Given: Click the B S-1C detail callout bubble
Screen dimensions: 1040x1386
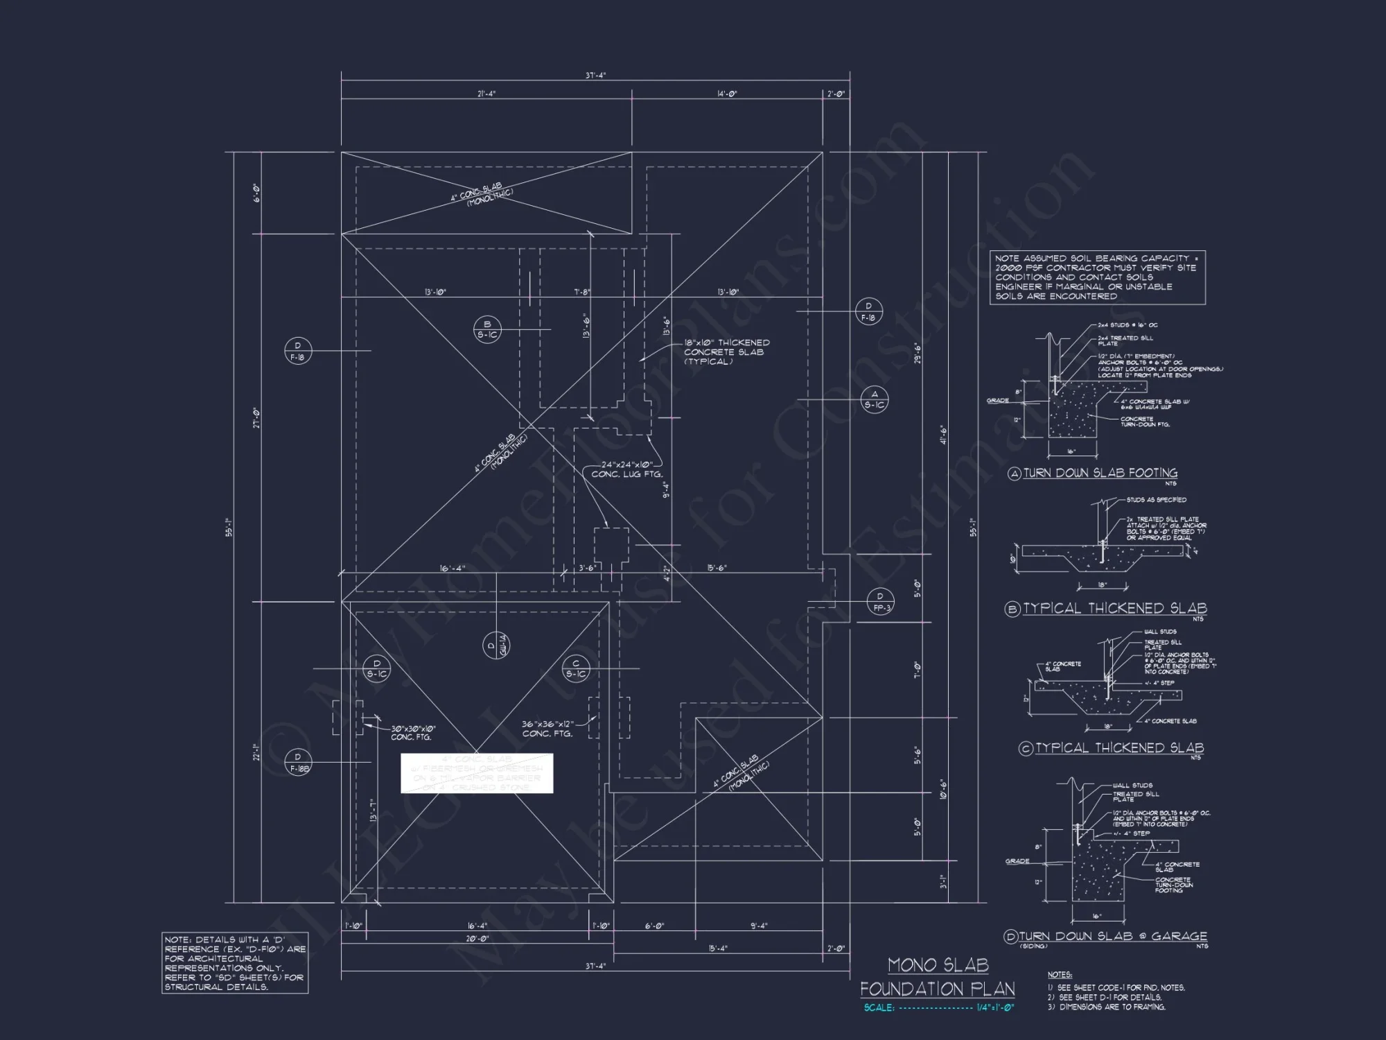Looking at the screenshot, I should [487, 329].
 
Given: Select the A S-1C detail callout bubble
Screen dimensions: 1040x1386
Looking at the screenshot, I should [875, 399].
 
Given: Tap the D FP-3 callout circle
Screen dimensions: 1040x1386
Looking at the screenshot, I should [880, 602].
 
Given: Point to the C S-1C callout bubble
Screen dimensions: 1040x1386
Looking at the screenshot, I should [576, 668].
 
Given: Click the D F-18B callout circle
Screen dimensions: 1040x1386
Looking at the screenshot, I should [298, 763].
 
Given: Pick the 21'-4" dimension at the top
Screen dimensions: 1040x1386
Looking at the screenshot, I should [486, 94].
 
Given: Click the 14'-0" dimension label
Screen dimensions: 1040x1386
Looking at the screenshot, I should [727, 94].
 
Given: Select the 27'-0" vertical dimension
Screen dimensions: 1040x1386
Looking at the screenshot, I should [256, 417].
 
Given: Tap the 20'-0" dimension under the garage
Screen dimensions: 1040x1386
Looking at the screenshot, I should [476, 939].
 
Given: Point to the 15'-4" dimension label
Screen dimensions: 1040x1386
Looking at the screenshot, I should [718, 948].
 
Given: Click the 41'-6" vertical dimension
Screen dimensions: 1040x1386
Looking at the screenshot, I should [942, 435].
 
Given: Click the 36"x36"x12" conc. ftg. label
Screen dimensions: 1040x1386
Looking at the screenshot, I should [547, 729].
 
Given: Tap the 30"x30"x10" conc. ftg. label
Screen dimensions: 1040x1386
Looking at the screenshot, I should [413, 733].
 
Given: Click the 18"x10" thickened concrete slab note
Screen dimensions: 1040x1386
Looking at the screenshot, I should [726, 352].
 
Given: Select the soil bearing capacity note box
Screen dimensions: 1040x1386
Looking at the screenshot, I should [1098, 277].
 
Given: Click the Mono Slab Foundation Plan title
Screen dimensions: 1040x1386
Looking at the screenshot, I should [938, 977].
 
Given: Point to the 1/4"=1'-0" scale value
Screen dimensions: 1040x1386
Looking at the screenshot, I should [995, 1007].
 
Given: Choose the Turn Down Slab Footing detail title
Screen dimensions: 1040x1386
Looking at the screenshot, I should [1100, 473].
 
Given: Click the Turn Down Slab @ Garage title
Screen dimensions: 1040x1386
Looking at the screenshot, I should [1112, 936].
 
